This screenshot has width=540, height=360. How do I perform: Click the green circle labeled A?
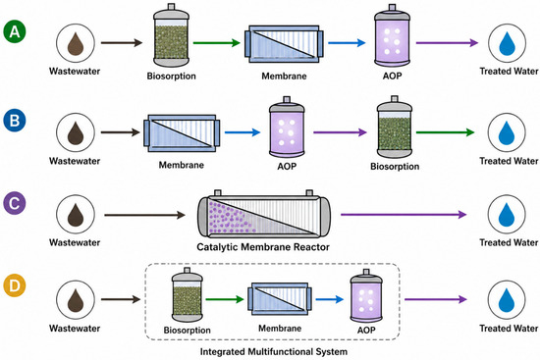[15, 31]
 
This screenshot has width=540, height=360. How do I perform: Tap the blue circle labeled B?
[15, 121]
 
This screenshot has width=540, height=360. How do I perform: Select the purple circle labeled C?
[15, 203]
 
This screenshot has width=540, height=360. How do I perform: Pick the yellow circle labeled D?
[15, 285]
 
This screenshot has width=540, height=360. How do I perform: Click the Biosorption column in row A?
[171, 35]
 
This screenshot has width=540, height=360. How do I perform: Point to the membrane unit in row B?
[182, 133]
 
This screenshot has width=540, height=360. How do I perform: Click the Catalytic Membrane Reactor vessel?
[264, 215]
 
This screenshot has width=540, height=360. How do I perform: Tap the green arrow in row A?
[217, 43]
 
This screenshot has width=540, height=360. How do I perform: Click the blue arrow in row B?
[243, 132]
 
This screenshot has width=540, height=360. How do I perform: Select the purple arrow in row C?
[404, 215]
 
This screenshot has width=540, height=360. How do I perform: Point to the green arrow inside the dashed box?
[225, 299]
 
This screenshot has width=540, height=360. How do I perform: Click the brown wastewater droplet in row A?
[76, 43]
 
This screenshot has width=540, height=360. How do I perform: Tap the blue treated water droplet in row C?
[507, 215]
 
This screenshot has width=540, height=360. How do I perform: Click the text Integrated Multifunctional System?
[274, 352]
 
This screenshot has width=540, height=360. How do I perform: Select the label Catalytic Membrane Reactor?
[263, 247]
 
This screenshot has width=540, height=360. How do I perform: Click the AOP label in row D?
[366, 330]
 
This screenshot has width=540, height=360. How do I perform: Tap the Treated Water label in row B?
[509, 161]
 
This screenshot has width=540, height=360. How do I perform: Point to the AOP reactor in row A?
[393, 35]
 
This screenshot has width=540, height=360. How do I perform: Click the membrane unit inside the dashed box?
[280, 299]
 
